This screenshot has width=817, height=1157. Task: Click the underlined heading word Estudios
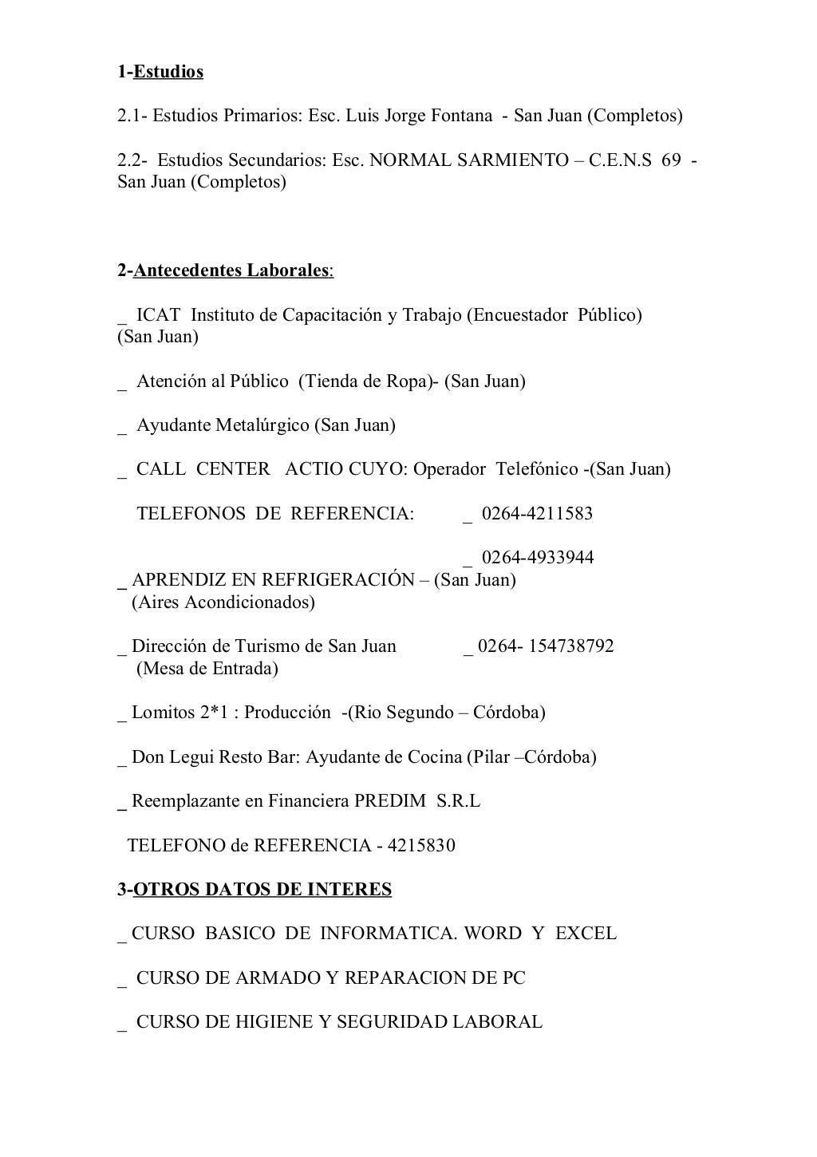[168, 73]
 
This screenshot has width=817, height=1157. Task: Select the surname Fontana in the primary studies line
[461, 116]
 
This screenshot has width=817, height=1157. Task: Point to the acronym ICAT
[158, 315]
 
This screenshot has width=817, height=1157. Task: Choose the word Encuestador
[519, 315]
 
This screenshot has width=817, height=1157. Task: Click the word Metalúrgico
[262, 425]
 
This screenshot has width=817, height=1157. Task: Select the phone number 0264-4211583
[537, 514]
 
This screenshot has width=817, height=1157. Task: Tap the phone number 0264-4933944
[537, 558]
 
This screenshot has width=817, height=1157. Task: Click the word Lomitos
[163, 713]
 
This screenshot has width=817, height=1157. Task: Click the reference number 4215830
[421, 846]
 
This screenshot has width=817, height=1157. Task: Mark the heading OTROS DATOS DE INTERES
[262, 890]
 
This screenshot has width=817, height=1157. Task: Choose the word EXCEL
[586, 934]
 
